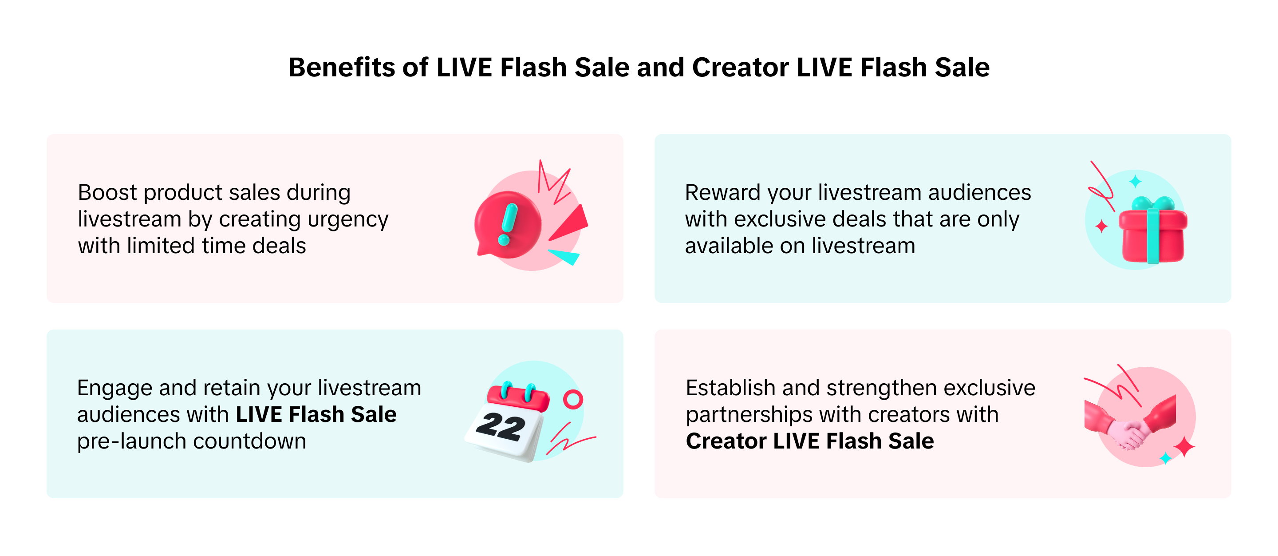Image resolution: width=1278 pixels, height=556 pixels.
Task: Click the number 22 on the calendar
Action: click(x=500, y=426)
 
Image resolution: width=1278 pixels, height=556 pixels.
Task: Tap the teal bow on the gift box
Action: click(x=1153, y=203)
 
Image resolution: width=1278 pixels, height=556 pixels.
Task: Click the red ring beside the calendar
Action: click(x=573, y=399)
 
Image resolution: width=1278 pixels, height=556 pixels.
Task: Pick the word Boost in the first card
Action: click(x=107, y=193)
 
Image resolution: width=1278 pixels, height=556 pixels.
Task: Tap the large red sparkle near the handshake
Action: click(x=1184, y=447)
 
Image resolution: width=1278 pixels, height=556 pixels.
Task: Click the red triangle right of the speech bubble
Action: click(x=571, y=223)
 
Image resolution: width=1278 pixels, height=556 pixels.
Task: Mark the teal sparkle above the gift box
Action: click(x=1135, y=181)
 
